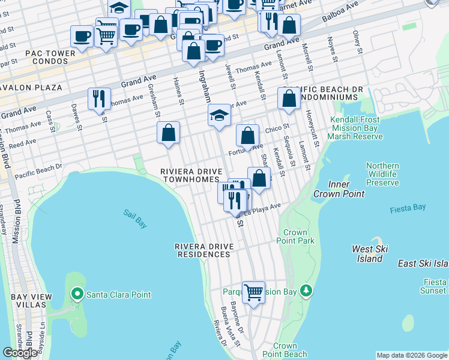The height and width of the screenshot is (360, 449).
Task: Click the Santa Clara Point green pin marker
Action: tap(77, 294)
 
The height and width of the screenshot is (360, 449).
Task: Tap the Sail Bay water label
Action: tap(135, 218)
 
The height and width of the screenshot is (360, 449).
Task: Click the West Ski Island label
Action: tap(370, 254)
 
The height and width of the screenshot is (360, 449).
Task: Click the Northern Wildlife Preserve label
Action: tap(382, 174)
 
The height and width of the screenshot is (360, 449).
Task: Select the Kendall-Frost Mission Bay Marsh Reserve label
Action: tap(355, 128)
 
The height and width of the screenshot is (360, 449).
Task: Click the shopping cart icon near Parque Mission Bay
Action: tap(254, 292)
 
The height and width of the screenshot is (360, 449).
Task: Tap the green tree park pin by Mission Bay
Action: tap(307, 291)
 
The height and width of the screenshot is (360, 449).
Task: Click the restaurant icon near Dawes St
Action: tap(100, 98)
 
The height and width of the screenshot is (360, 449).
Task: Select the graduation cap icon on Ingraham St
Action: tap(220, 115)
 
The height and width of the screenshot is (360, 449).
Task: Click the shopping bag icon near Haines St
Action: tap(169, 132)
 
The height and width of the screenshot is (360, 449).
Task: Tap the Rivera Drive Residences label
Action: tap(203, 250)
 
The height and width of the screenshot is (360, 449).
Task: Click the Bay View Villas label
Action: tap(25, 301)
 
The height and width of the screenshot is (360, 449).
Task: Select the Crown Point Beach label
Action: tap(285, 350)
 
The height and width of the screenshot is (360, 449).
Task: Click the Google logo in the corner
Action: tap(20, 353)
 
